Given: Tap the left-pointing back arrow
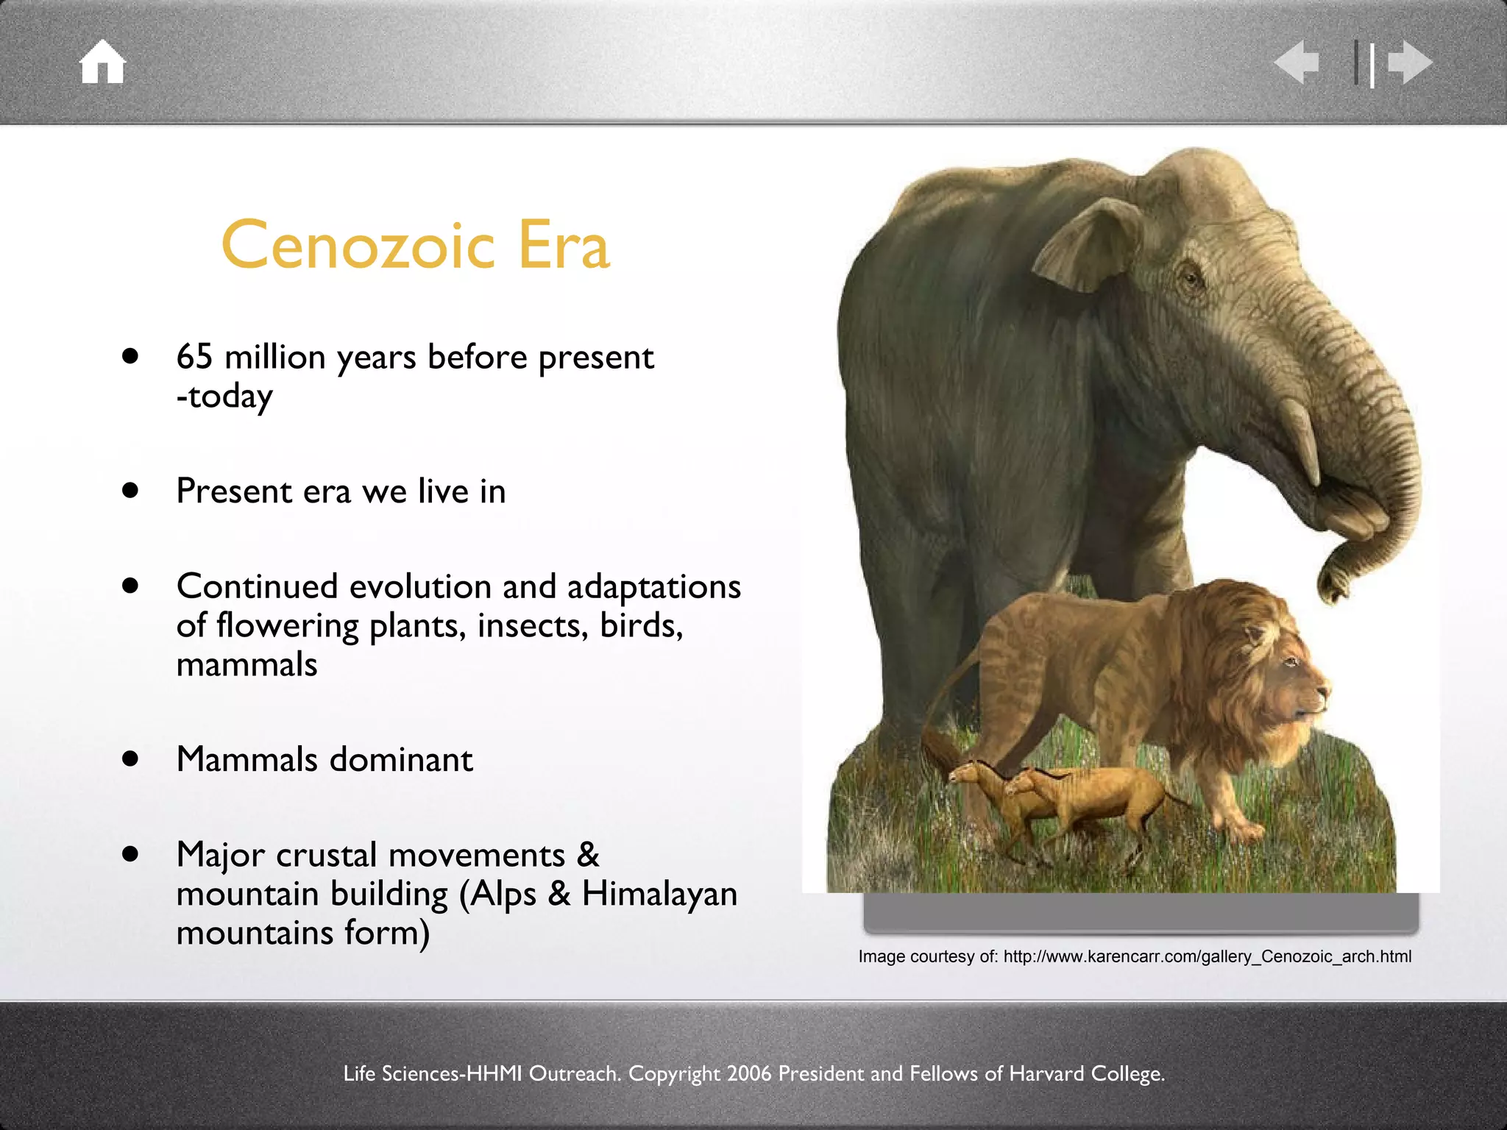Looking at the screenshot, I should (x=1297, y=63).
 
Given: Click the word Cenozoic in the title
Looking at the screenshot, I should (x=358, y=246).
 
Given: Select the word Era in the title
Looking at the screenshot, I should (x=564, y=246).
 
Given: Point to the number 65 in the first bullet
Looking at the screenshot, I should (x=194, y=357).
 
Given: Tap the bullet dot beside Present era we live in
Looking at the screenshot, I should (x=131, y=491).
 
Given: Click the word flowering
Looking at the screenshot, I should (x=288, y=626).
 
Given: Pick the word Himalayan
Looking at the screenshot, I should (x=659, y=894).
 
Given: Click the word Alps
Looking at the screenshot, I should (x=503, y=894).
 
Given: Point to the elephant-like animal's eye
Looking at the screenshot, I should (x=1190, y=278).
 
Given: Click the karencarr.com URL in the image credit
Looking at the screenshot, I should (x=1207, y=956).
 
